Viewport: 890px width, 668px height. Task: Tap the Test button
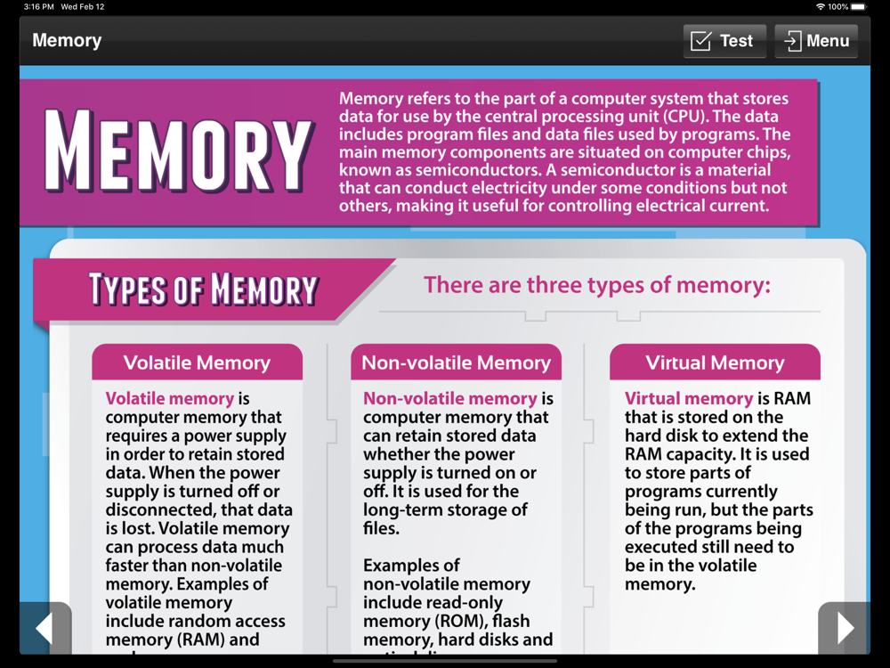click(x=724, y=41)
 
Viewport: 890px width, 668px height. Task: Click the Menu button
click(x=816, y=41)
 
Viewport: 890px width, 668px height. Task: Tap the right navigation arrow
click(x=844, y=629)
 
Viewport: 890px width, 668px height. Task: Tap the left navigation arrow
click(x=44, y=629)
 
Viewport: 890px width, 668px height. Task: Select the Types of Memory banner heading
click(x=203, y=289)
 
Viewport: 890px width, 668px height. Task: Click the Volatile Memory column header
click(x=197, y=363)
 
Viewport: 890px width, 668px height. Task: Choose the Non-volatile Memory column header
click(x=456, y=363)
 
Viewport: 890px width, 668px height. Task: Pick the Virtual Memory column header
click(x=715, y=363)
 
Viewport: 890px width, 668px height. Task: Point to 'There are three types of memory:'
click(x=597, y=285)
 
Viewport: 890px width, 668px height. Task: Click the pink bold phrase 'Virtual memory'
click(x=689, y=399)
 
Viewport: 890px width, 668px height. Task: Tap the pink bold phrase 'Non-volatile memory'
click(x=450, y=399)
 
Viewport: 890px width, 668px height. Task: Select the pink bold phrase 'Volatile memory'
click(x=170, y=399)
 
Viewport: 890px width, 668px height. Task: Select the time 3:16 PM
click(x=39, y=6)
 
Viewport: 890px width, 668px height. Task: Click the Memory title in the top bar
click(x=67, y=41)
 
